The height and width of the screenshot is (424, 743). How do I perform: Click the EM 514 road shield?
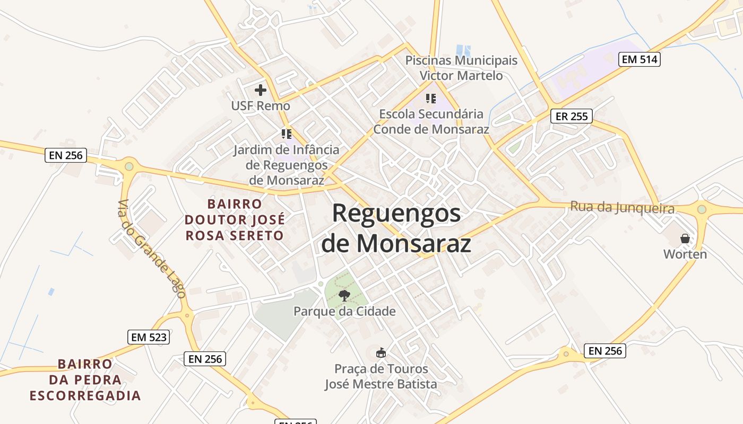point(640,59)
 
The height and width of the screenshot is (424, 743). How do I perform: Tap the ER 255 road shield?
point(571,116)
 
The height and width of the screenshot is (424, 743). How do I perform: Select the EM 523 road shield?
point(149,337)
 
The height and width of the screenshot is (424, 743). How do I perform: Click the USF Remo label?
point(260,106)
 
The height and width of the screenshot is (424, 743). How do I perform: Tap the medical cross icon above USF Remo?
point(260,90)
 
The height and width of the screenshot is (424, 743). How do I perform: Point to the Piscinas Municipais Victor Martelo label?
point(461,68)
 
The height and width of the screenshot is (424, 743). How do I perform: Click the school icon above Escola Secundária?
point(431,98)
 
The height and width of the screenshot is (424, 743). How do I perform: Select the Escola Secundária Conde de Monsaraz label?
point(431,121)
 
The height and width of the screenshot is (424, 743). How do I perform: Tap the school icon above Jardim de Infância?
point(287,134)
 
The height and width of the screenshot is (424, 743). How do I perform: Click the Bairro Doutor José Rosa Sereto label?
point(235,219)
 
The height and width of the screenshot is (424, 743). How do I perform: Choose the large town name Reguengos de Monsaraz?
point(396,228)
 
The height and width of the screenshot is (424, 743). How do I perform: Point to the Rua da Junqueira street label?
point(622,207)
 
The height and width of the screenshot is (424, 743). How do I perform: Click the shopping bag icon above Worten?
point(685,238)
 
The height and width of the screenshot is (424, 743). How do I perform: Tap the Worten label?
point(685,254)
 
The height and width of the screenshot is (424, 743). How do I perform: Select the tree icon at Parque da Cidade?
point(344,295)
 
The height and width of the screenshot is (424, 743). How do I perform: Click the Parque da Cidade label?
point(344,311)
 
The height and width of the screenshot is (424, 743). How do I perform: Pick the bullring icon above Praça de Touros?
point(381,352)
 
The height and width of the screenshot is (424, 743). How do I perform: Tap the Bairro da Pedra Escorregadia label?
point(85,380)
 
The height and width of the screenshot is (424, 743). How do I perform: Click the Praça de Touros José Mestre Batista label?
point(381,376)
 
